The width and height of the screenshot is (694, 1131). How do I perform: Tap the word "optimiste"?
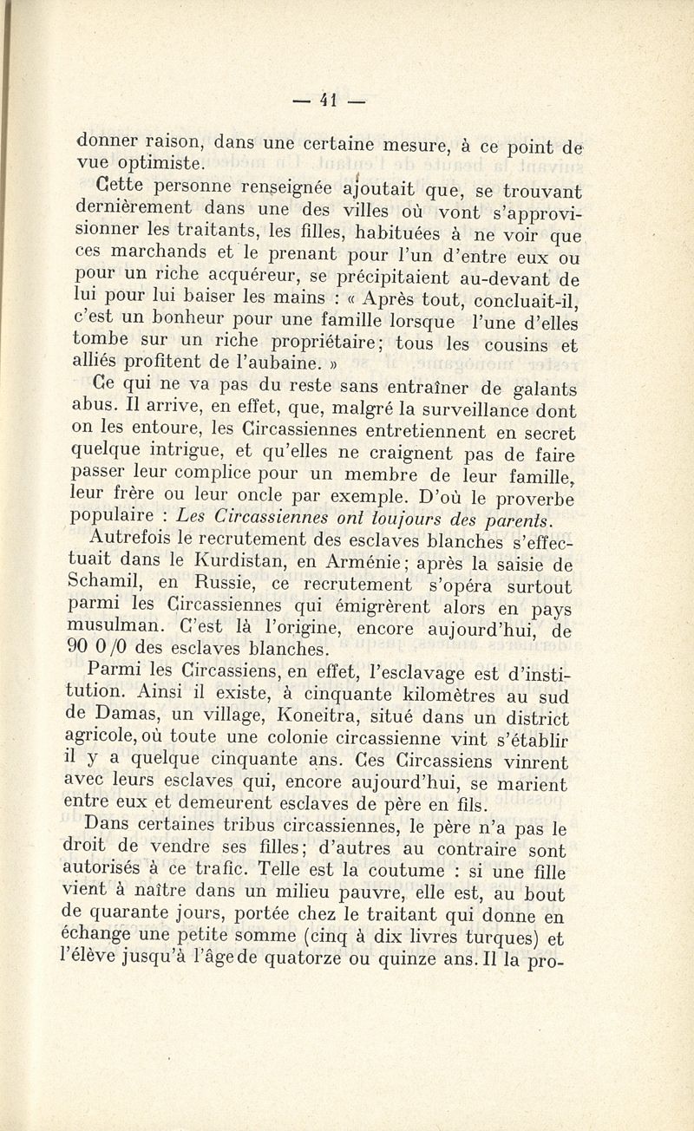pyautogui.click(x=154, y=162)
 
